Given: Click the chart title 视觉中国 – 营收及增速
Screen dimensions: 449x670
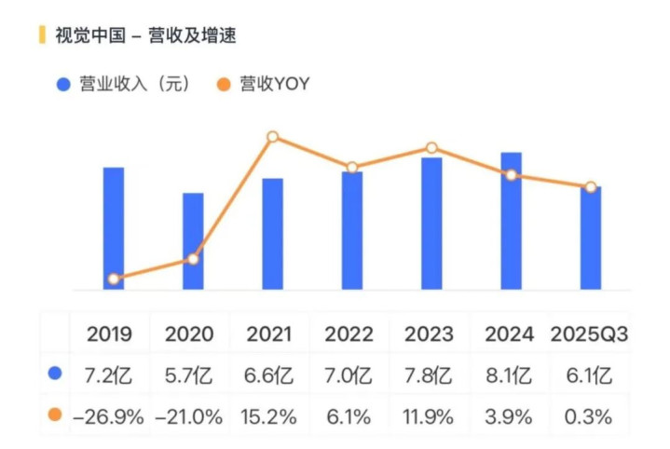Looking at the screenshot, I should pos(144,36).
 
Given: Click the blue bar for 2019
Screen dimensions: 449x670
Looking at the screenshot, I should pos(114,228).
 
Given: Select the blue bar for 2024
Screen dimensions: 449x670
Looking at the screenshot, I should pos(511,221).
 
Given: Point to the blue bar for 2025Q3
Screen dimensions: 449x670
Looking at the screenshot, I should pos(590,238).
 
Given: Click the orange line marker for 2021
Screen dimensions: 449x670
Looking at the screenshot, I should pos(273,137).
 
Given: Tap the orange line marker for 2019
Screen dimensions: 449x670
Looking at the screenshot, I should pos(114,279).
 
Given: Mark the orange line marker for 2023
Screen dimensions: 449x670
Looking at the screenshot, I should pos(431,148).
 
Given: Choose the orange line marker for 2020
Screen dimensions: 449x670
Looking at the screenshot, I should pos(193,258).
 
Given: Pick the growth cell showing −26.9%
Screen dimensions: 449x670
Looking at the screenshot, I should pos(109,416).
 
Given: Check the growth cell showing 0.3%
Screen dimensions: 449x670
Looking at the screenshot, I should pos(589,416).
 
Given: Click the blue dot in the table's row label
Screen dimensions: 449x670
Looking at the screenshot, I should pos(55,374).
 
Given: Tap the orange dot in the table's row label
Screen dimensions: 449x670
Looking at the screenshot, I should pos(55,415).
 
